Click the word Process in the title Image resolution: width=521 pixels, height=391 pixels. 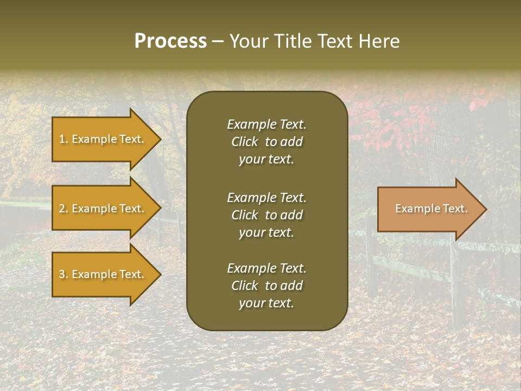click(170, 41)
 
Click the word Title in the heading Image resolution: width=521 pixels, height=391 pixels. click(291, 41)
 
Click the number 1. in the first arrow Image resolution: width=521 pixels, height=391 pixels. click(63, 139)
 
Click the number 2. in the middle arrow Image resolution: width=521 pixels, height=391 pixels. click(63, 209)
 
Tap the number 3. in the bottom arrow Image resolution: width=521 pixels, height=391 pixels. click(63, 274)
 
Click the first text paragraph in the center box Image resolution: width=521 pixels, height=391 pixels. click(266, 142)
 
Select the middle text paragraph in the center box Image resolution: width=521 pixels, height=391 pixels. click(266, 215)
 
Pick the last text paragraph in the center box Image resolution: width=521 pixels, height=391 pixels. click(266, 286)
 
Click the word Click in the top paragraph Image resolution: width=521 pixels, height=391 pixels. click(244, 142)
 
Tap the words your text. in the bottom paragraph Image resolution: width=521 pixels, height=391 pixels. click(266, 303)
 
